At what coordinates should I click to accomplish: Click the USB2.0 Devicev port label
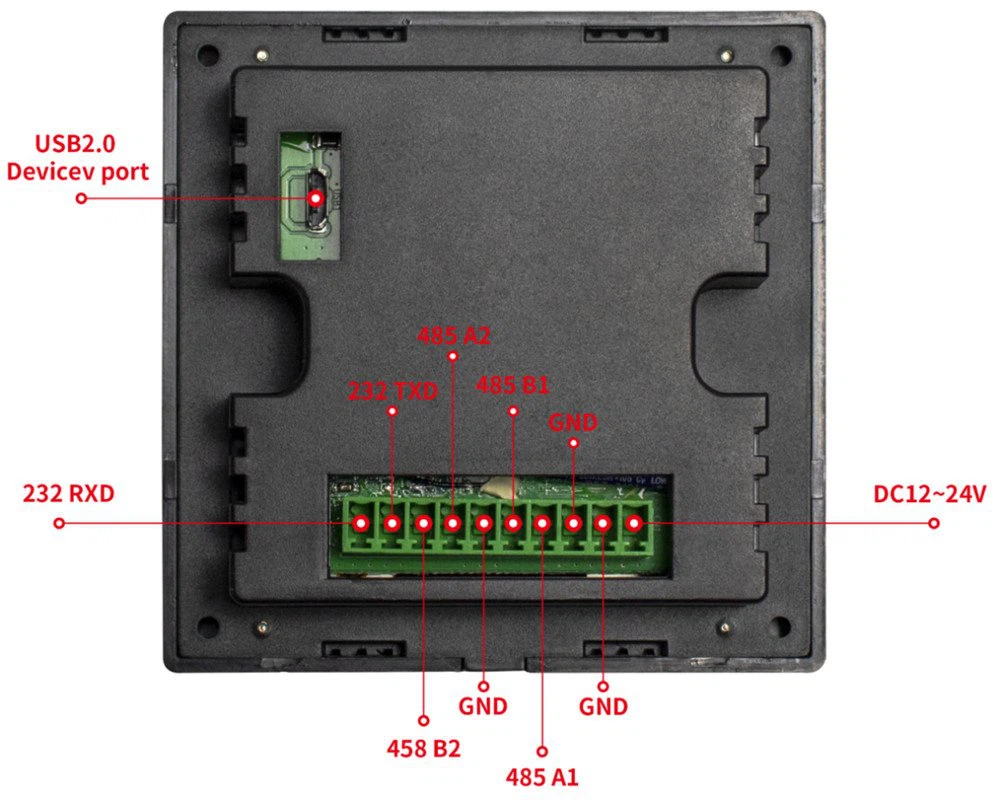77,158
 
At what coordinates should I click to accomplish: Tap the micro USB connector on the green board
314,198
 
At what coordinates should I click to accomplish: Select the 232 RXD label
68,494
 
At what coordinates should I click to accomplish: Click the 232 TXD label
393,391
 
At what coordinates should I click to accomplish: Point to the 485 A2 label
453,336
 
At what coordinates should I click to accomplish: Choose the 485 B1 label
512,385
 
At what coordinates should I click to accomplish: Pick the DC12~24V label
929,494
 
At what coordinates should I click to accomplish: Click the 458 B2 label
423,748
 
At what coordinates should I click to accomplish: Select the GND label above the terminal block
573,422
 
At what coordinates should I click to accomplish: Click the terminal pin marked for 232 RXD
361,523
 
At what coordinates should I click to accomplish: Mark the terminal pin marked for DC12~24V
633,523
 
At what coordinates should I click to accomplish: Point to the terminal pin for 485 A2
452,523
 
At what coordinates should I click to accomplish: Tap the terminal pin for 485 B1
513,523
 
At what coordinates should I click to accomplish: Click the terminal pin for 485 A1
542,523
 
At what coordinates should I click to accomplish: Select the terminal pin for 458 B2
423,523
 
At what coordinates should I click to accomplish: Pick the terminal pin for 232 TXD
392,523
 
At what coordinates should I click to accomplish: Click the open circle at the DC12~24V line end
934,523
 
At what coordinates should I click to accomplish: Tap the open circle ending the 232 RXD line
59,523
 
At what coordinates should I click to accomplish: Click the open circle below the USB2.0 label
81,198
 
